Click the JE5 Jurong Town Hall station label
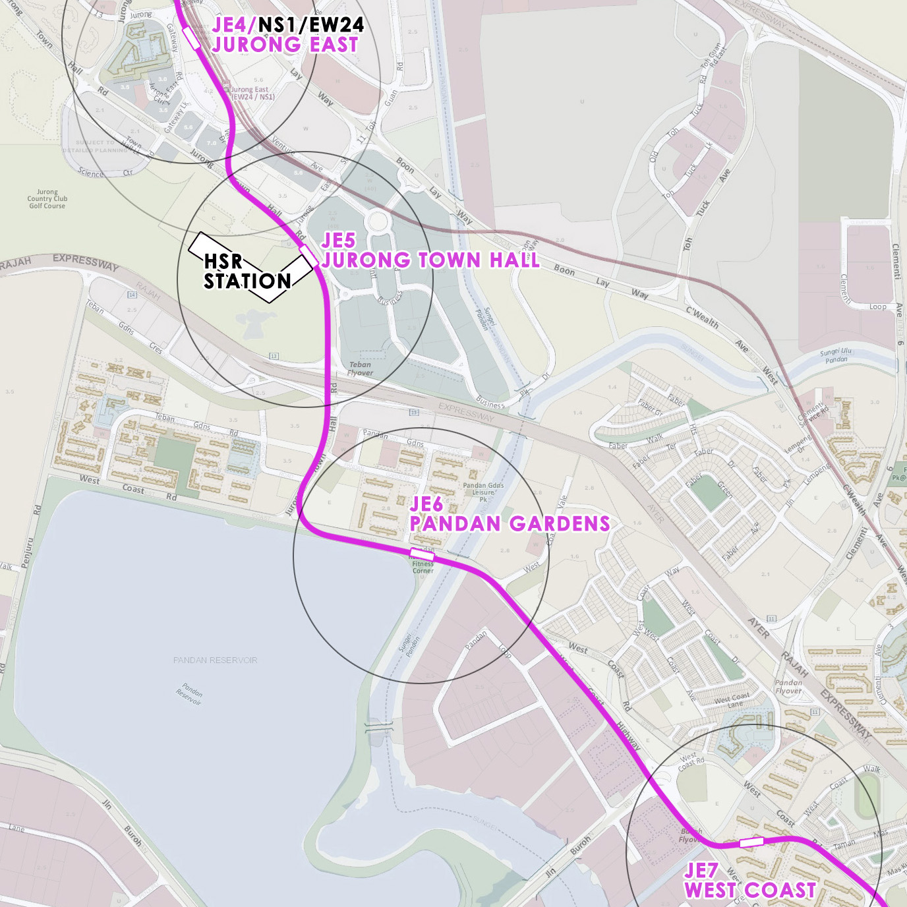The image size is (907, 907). tap(430, 251)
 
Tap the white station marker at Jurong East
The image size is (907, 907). tap(192, 38)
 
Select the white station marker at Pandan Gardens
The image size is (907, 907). tap(422, 554)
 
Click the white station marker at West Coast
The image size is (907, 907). tap(751, 842)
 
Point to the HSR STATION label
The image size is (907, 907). tap(247, 272)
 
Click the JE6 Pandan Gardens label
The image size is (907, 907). tap(509, 514)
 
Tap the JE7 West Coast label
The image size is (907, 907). tap(749, 881)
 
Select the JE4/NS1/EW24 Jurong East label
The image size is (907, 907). tap(287, 35)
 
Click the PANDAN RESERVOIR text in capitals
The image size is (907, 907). tap(215, 660)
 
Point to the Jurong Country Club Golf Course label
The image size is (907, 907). tap(47, 199)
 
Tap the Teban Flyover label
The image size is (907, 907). tap(360, 368)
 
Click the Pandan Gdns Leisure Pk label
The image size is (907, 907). tap(483, 492)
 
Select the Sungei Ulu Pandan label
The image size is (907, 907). tap(836, 356)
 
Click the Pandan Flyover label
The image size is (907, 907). tap(788, 687)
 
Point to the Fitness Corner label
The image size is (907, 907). tap(423, 567)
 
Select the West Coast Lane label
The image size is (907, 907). tap(732, 700)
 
